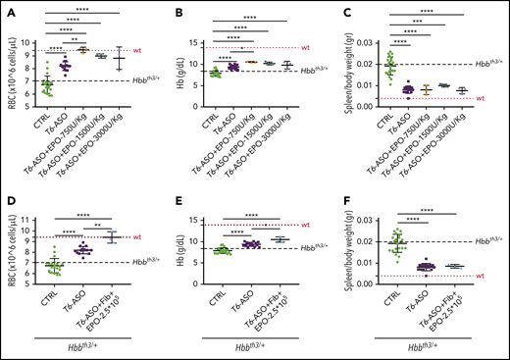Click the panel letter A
pyautogui.click(x=7, y=9)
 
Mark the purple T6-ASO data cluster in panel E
pyautogui.click(x=250, y=244)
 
